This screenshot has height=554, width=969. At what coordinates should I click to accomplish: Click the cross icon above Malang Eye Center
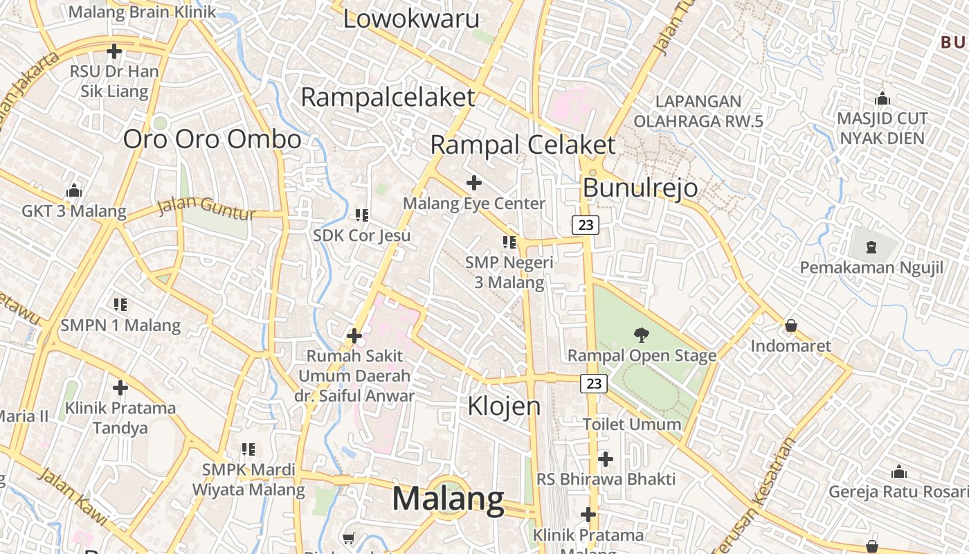[474, 183]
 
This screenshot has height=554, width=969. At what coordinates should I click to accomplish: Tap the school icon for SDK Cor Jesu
[361, 215]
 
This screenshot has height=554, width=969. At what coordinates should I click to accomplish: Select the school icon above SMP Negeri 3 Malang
[509, 242]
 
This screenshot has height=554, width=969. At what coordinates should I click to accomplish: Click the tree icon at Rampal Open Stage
[642, 335]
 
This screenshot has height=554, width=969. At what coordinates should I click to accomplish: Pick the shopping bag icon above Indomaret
[790, 325]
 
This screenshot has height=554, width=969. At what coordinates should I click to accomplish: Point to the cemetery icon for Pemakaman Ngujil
[871, 247]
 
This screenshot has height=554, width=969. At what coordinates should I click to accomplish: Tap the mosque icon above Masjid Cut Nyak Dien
[882, 98]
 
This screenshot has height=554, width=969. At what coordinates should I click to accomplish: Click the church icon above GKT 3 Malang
[73, 190]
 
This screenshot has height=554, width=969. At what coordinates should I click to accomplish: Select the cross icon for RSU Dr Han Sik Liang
[114, 51]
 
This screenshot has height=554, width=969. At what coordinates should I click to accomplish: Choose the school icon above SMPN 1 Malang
[120, 305]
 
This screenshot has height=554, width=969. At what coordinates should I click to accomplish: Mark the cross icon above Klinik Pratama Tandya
[120, 388]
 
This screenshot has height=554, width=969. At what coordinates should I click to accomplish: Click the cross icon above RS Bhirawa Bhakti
[606, 458]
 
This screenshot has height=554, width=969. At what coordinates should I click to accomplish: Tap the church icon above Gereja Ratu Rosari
[899, 472]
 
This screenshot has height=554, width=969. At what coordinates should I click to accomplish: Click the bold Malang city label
[449, 499]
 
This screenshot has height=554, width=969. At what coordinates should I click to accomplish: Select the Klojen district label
[504, 406]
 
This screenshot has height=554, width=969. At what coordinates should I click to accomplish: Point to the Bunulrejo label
[640, 188]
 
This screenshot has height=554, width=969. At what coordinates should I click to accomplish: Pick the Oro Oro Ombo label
[212, 139]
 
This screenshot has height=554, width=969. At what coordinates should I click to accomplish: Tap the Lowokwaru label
[411, 19]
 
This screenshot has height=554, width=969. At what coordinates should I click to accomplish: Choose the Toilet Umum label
[631, 424]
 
